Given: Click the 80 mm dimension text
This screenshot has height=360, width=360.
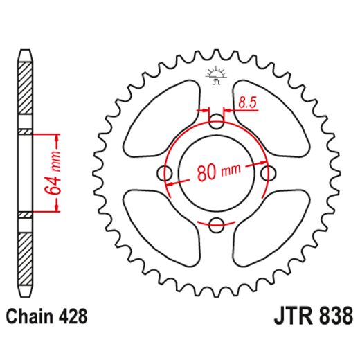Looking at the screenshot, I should point(216,173).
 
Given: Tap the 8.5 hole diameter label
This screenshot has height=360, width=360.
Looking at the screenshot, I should point(248,103).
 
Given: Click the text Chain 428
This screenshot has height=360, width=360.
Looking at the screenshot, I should point(46,318).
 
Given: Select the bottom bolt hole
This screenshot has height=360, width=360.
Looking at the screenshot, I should point(216,224).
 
